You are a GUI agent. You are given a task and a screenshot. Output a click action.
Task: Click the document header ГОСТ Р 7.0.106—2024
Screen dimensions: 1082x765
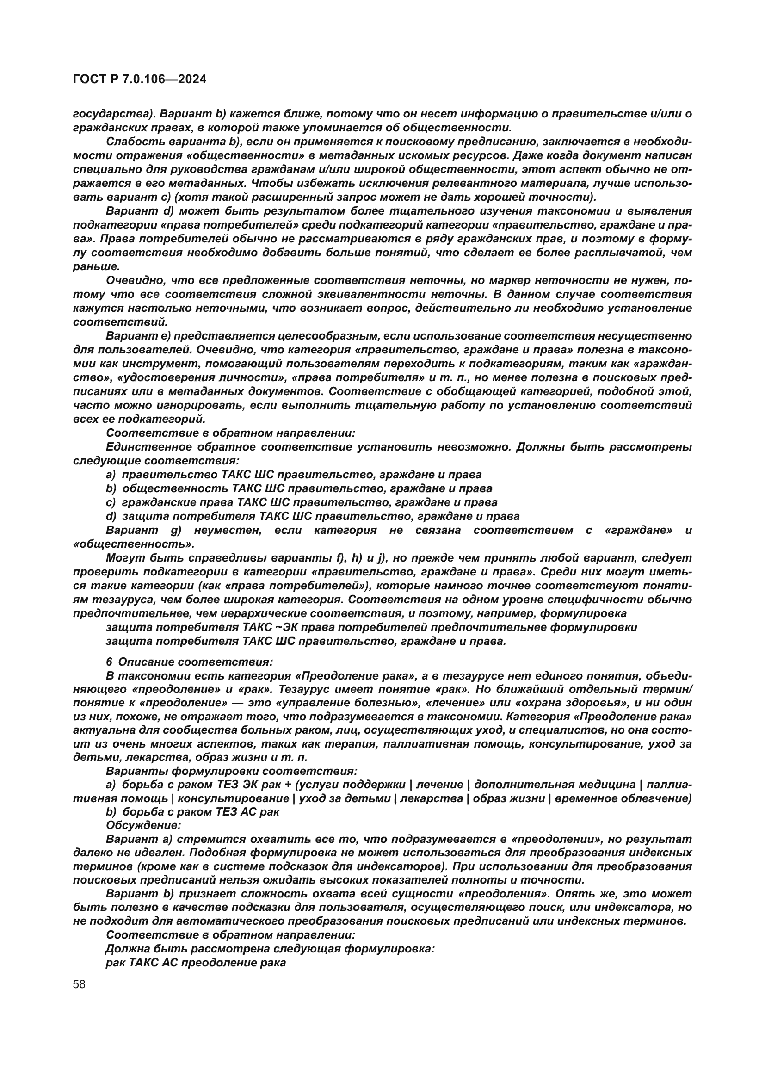139,79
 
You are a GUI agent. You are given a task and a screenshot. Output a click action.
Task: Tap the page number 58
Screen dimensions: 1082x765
79,984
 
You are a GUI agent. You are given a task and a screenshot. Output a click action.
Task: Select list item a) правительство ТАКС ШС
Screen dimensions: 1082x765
293,475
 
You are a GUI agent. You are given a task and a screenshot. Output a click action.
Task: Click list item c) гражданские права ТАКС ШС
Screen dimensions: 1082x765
301,502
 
